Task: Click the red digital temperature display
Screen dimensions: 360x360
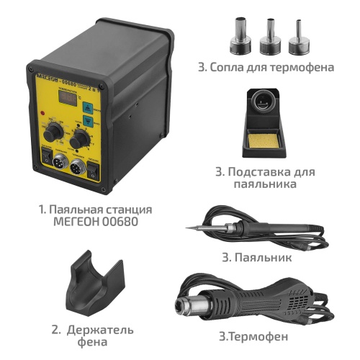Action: point(67,107)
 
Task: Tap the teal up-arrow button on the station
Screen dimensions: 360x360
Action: point(86,105)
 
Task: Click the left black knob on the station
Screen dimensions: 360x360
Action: point(52,134)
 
